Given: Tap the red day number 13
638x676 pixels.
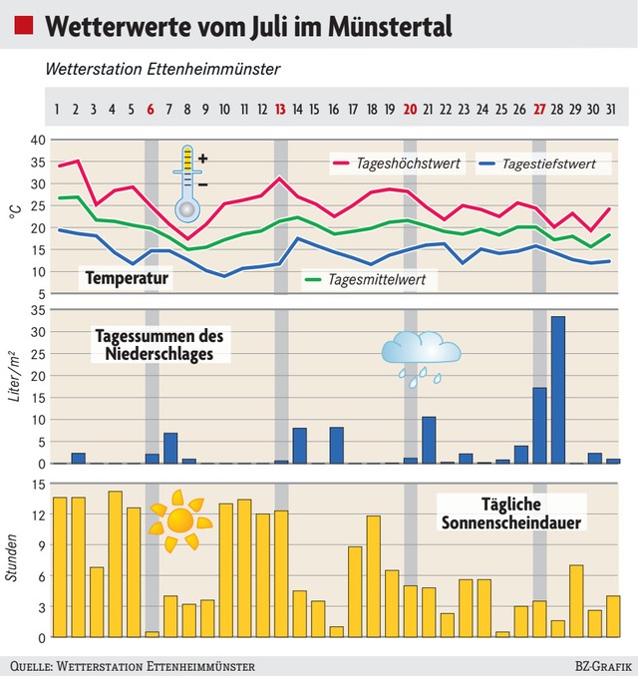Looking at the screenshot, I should pyautogui.click(x=281, y=109).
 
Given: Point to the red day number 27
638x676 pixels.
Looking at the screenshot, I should pyautogui.click(x=539, y=109).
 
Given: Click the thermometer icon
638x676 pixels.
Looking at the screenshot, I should pyautogui.click(x=188, y=182).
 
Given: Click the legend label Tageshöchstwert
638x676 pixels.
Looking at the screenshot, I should pyautogui.click(x=409, y=163).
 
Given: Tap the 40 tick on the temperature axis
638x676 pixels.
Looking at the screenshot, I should pyautogui.click(x=38, y=140).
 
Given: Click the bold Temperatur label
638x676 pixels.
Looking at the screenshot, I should pyautogui.click(x=127, y=277).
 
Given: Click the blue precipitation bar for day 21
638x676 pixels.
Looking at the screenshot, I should pyautogui.click(x=429, y=440).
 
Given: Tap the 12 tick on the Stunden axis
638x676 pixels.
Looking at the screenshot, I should pyautogui.click(x=38, y=514).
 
